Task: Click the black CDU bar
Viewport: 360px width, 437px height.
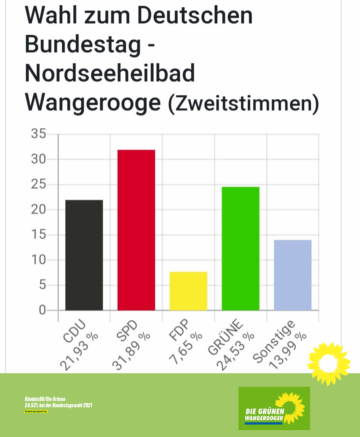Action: [84, 255]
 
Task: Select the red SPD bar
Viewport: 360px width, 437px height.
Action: [136, 230]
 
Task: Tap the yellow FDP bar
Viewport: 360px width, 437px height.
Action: [188, 291]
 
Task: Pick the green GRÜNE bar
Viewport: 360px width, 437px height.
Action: [240, 249]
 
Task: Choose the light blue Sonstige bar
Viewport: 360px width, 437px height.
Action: [293, 275]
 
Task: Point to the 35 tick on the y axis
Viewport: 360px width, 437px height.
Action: [39, 134]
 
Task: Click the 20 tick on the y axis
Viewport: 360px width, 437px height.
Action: [39, 209]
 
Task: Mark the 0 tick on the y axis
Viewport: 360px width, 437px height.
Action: [42, 310]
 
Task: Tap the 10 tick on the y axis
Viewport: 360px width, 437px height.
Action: [39, 260]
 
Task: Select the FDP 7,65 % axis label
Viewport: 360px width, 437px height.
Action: [185, 342]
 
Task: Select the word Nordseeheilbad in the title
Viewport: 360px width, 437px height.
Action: [110, 73]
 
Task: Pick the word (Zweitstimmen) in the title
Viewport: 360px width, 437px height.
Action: [243, 103]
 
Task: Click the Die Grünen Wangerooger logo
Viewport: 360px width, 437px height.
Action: [274, 408]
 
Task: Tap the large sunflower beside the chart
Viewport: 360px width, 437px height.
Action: [328, 364]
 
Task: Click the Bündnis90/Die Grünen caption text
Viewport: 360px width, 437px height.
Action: [45, 399]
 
